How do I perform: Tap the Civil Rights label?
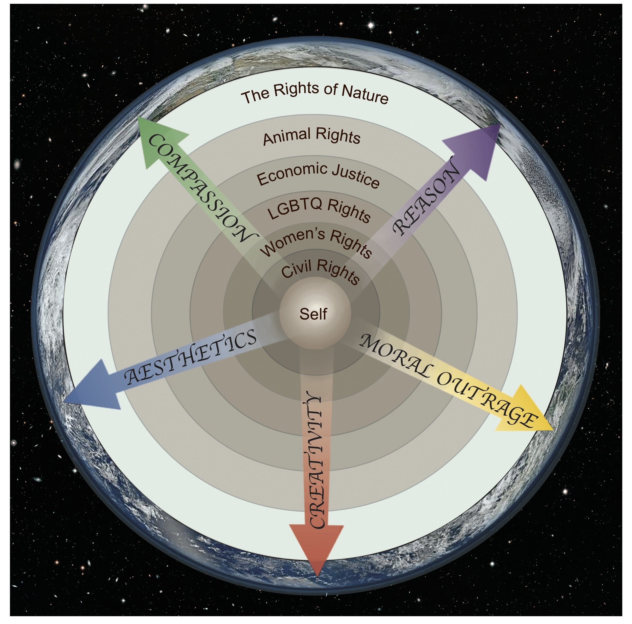point(321,271)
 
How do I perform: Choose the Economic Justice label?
point(318,175)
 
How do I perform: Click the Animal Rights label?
point(312,136)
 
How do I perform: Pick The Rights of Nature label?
point(314,93)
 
